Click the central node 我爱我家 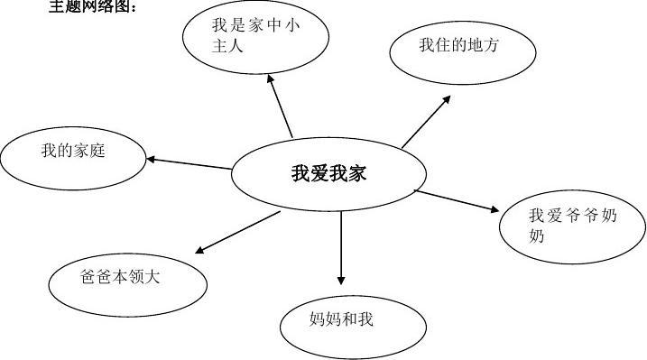328,174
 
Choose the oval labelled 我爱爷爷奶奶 571,226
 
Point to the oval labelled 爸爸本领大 127,278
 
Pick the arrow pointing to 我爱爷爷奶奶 457,200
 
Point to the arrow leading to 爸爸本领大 238,232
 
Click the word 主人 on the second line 227,47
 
